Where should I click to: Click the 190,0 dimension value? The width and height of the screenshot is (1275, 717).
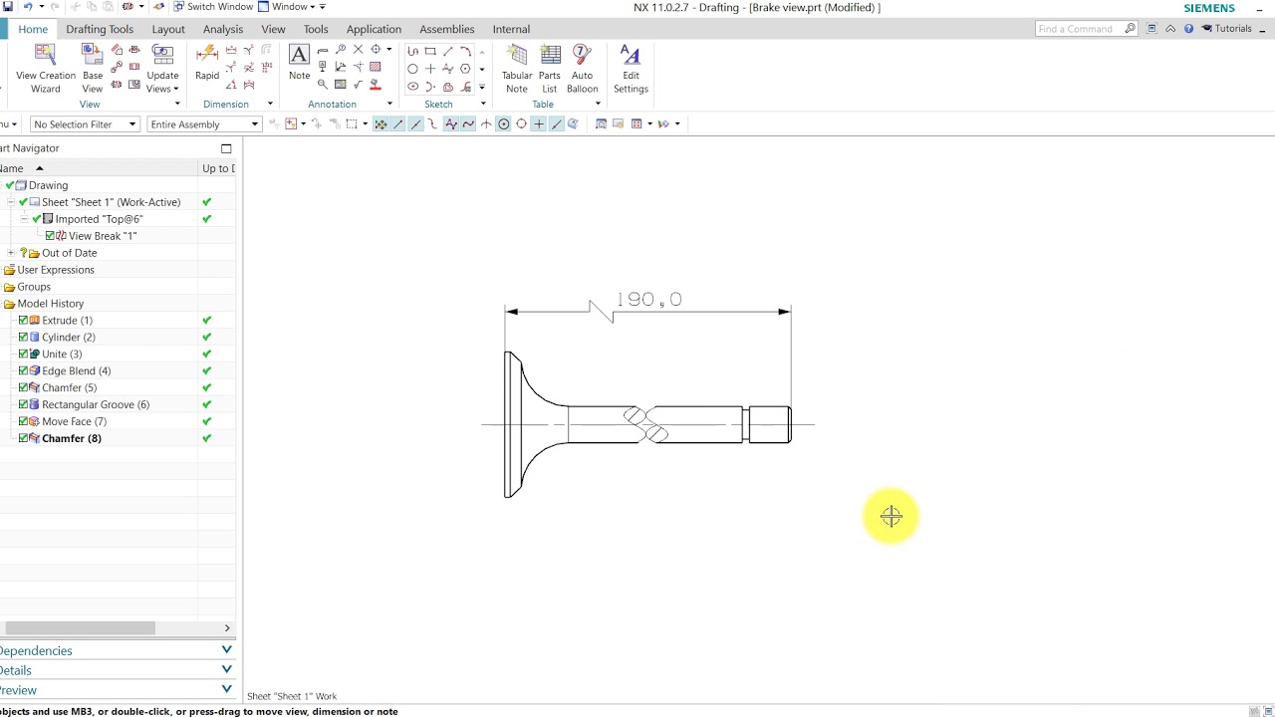648,300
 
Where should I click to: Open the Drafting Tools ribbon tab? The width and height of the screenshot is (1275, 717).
100,29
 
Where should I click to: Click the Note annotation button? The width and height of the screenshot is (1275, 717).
299,62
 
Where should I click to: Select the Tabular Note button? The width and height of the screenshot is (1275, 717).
517,68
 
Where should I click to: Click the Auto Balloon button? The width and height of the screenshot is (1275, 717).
582,68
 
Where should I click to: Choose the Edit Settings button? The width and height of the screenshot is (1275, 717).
631,68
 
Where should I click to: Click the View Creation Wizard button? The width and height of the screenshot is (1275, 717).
45,68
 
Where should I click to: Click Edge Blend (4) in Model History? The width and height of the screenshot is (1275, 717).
76,370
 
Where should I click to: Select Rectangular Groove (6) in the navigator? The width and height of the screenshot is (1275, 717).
95,404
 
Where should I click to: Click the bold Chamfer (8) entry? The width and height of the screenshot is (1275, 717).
71,438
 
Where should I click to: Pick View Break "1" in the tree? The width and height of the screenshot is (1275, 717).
102,236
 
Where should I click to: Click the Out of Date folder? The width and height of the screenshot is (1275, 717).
69,253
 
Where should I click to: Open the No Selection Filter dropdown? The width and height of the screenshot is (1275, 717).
85,124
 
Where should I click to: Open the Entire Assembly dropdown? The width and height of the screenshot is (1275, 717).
204,124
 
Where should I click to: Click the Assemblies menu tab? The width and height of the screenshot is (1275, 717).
446,29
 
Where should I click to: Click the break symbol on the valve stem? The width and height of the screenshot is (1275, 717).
645,424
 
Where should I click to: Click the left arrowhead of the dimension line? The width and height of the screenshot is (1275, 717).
512,312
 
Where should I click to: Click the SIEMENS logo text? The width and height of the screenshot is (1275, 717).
1209,8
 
